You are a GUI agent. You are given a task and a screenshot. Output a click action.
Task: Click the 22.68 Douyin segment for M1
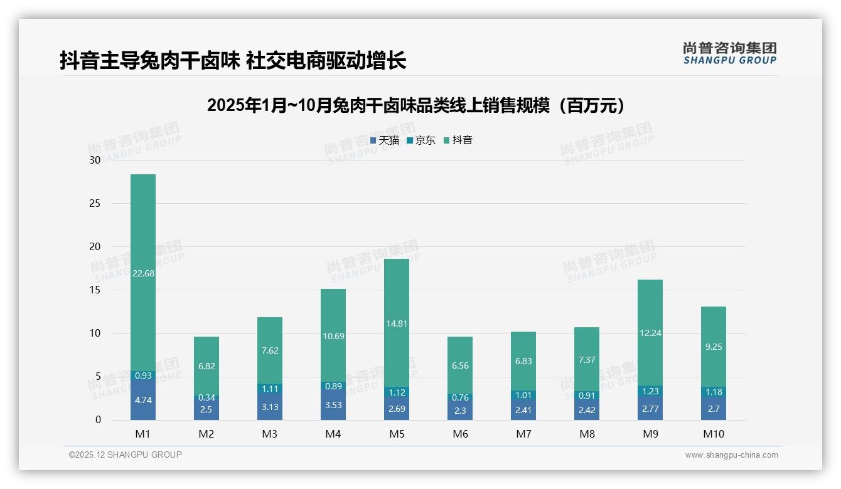tap(143, 273)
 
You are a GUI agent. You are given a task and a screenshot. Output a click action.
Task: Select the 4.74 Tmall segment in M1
tap(143, 400)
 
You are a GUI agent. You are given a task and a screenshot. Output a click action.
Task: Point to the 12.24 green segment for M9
tap(650, 333)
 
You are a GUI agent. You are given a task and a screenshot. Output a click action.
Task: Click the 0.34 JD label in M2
tap(206, 397)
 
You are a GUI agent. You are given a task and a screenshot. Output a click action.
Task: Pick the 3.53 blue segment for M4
tap(333, 405)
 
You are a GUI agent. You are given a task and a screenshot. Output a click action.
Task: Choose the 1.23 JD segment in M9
tap(650, 391)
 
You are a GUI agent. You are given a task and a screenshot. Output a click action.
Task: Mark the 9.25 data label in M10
tap(714, 347)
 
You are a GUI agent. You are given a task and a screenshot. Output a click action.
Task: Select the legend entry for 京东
tap(421, 140)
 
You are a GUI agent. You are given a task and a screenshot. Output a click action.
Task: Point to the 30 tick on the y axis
tap(95, 160)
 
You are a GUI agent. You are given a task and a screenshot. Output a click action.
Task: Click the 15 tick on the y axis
tap(95, 290)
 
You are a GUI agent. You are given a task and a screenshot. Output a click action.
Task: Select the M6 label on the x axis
tap(460, 434)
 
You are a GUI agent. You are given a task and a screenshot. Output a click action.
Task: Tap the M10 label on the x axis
tap(714, 434)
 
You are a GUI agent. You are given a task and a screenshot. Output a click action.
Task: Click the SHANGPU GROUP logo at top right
tap(729, 53)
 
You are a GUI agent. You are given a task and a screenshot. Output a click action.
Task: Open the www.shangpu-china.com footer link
tap(731, 455)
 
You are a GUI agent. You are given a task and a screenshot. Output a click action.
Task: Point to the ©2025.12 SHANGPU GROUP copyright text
tap(126, 455)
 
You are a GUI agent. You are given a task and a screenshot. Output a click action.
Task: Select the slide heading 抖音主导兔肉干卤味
tap(233, 61)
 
